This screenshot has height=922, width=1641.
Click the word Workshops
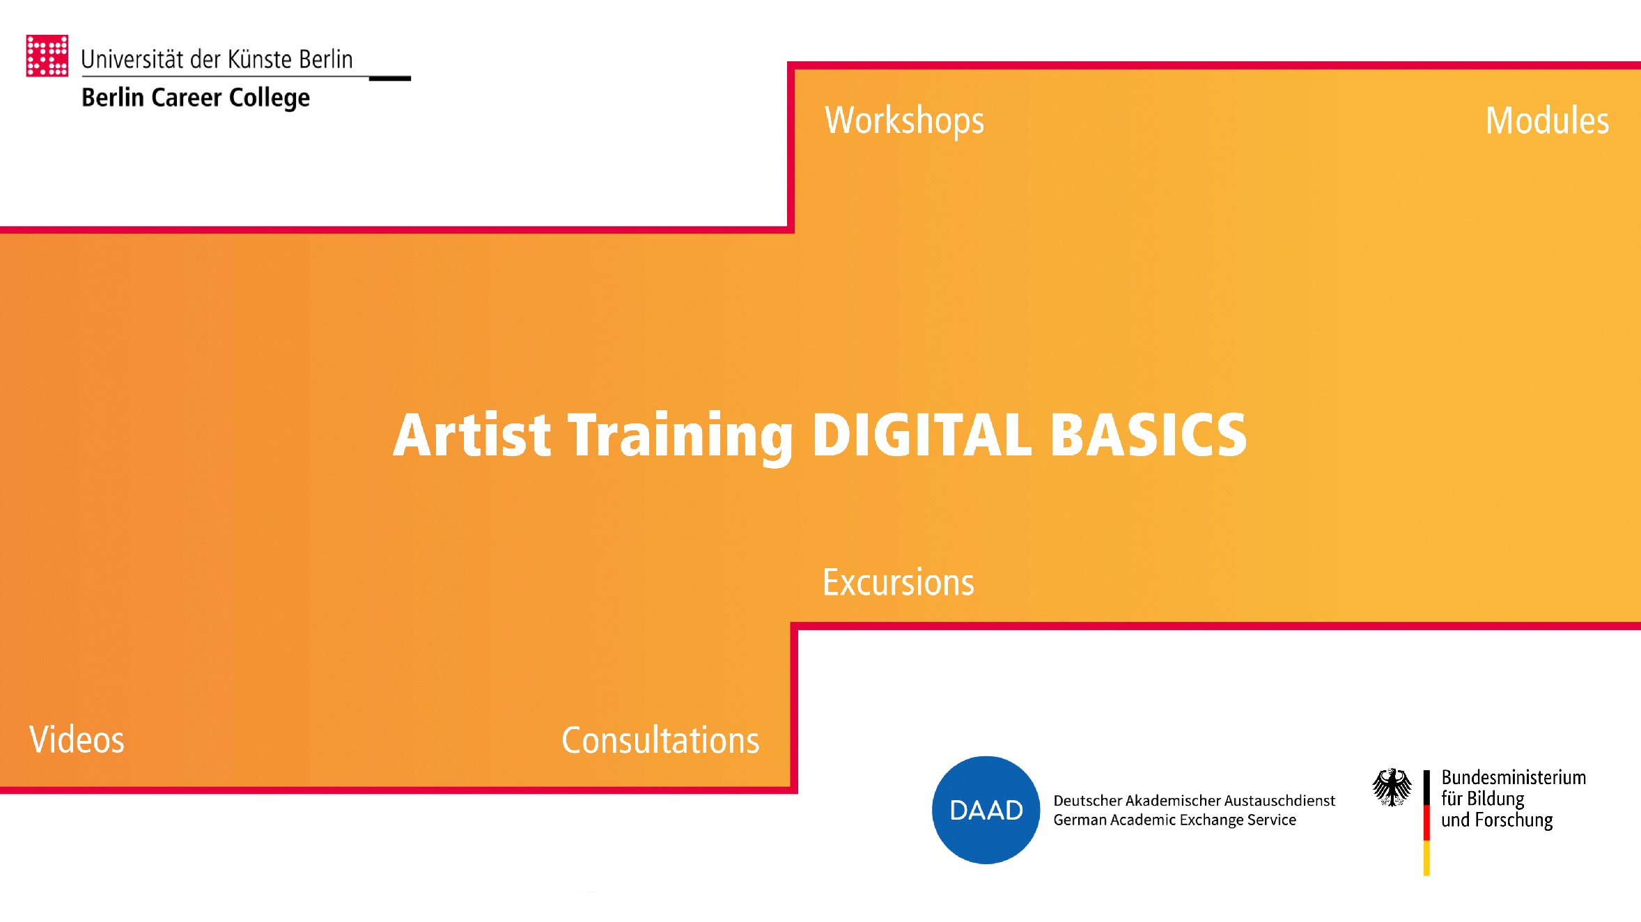point(904,120)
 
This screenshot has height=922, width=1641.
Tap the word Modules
point(1547,120)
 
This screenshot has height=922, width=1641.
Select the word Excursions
point(898,582)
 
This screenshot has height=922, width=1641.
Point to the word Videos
point(77,740)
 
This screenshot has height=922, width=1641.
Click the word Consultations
point(660,740)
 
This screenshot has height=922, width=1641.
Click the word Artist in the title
point(472,435)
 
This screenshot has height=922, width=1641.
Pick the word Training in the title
point(680,435)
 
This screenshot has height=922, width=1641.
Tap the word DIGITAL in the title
point(921,435)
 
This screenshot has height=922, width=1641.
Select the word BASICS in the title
point(1148,435)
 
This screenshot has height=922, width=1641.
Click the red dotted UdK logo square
point(47,56)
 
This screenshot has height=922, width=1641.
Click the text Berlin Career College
point(196,97)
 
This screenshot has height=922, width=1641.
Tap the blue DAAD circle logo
point(986,810)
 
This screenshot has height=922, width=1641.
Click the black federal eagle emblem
point(1392,788)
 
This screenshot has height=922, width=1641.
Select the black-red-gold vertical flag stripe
point(1426,822)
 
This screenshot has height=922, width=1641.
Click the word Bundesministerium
point(1514,777)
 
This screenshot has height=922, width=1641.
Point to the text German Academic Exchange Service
point(1174,820)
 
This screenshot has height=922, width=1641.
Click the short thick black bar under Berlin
point(389,79)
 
